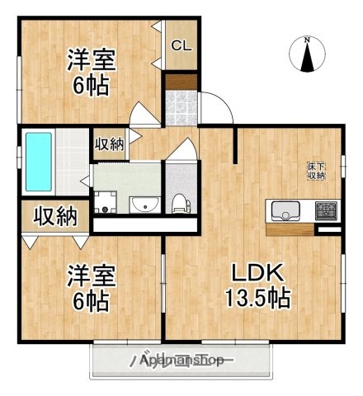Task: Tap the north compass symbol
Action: coord(306,57)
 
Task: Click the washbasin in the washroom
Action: coord(142,203)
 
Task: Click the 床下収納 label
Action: coord(316,171)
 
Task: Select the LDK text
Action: coord(256,274)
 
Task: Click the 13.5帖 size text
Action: coord(257,298)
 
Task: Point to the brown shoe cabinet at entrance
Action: coord(180,83)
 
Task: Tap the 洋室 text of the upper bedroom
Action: coord(91,59)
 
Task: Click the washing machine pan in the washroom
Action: coord(106,201)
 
